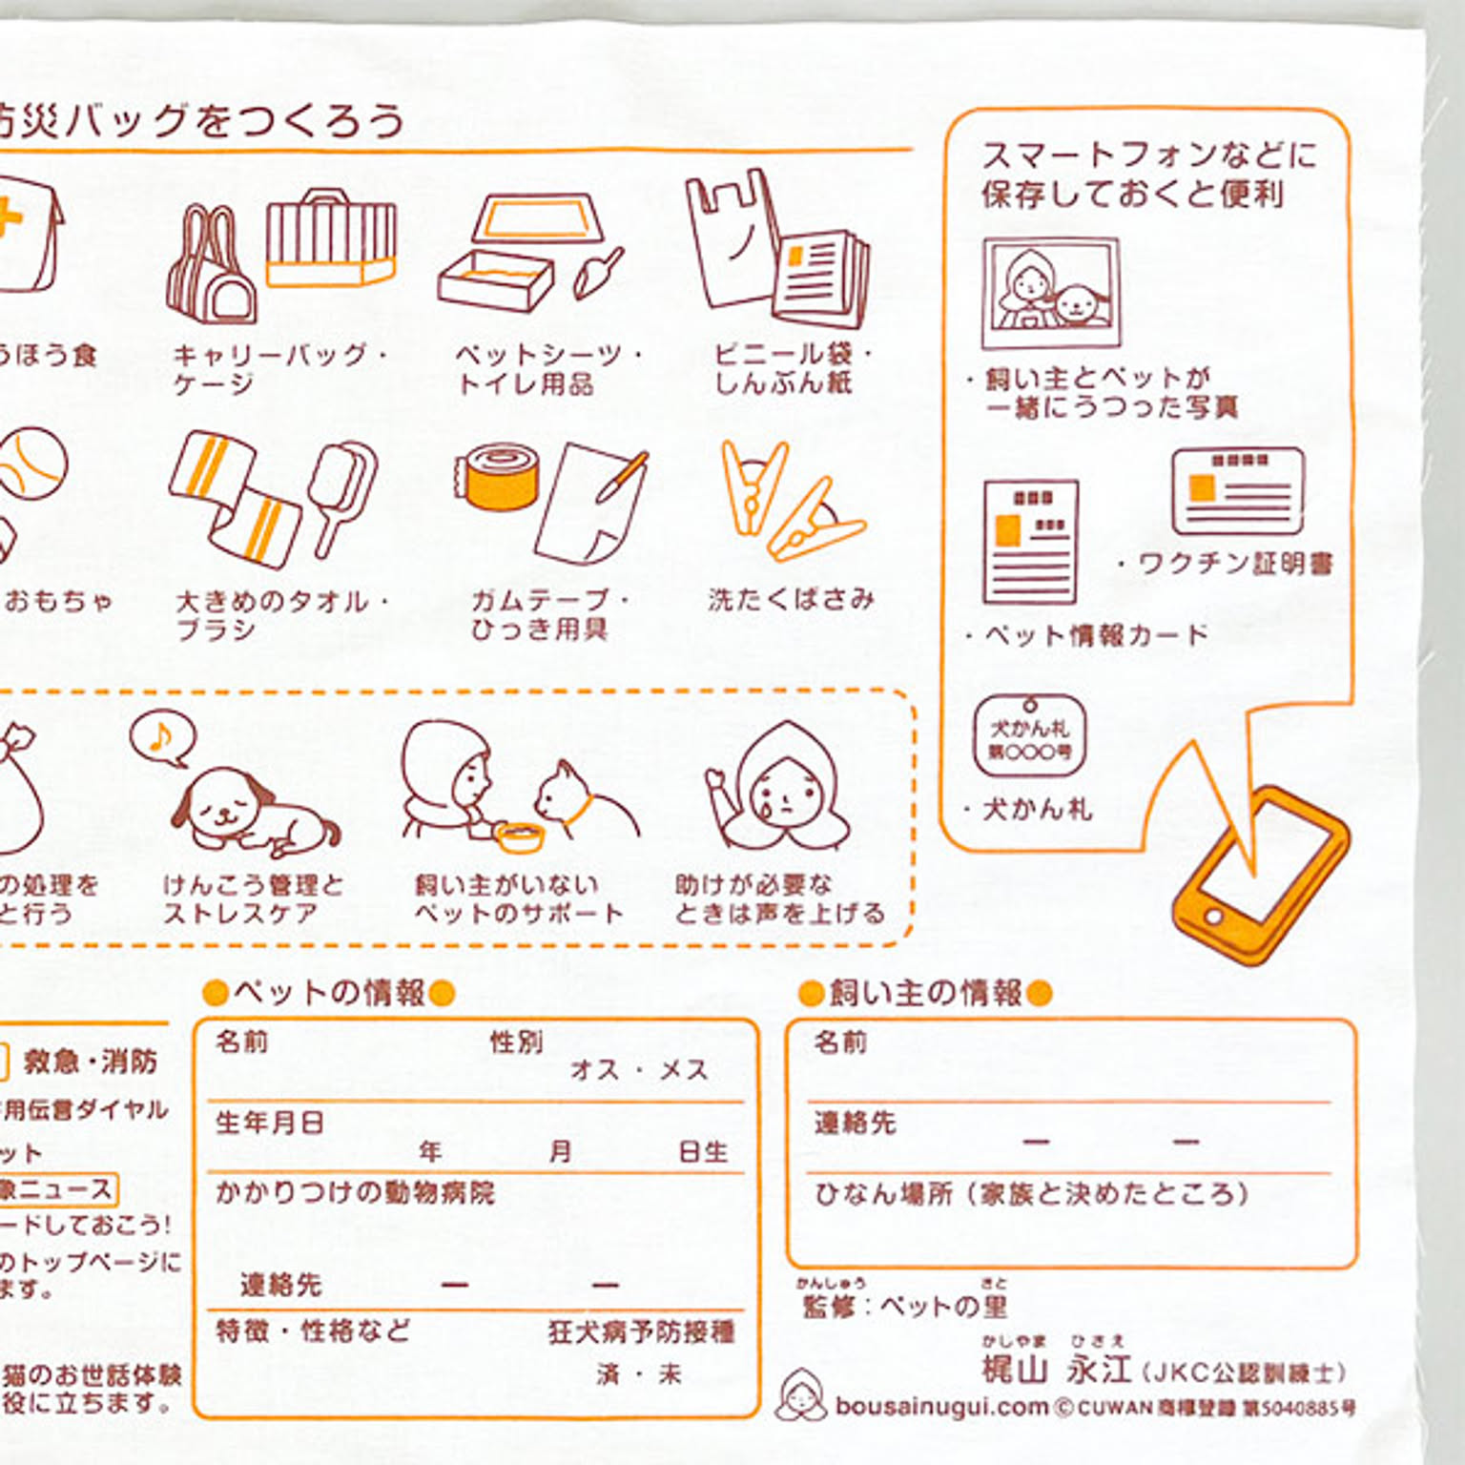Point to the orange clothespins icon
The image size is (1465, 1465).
(787, 500)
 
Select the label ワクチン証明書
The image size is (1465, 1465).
(1235, 564)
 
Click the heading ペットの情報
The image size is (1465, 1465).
(329, 993)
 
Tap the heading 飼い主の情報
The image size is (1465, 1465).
(925, 993)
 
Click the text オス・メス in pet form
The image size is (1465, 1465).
(639, 1070)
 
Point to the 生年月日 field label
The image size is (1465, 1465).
(270, 1123)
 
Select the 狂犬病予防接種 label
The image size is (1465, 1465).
(641, 1331)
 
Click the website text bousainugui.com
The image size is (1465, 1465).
(941, 1406)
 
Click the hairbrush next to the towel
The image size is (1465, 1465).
(343, 491)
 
